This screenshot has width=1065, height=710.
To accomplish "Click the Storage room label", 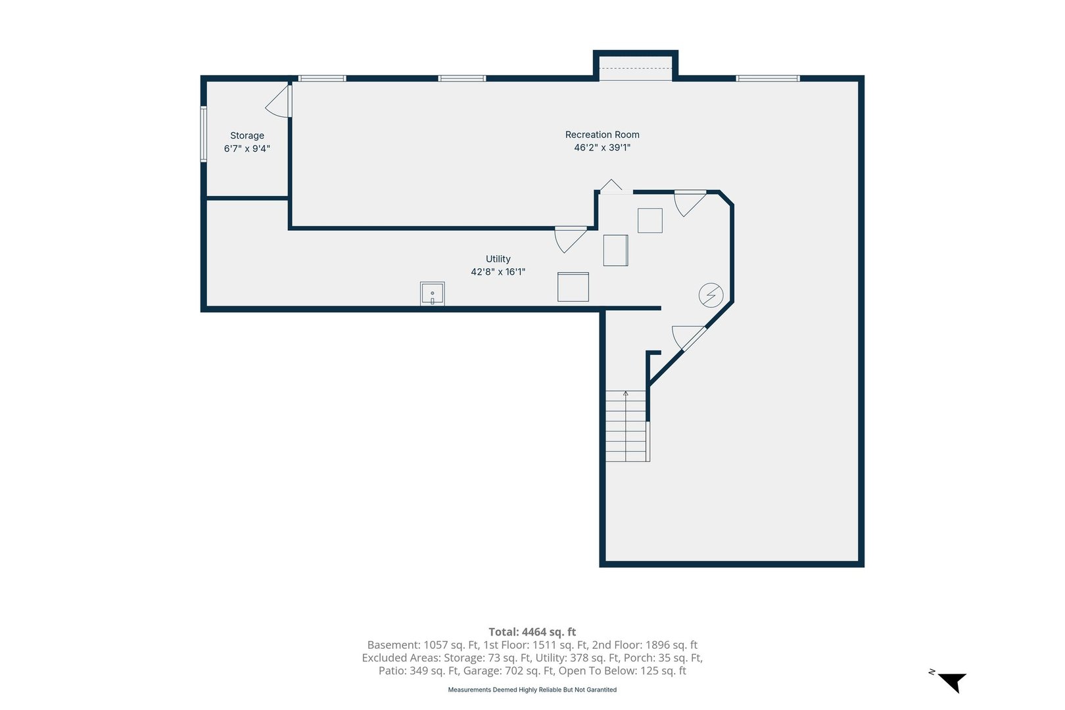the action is pos(247,135).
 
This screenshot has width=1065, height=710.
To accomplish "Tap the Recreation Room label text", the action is pos(602,135).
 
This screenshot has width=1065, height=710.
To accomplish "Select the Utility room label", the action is pos(498,259).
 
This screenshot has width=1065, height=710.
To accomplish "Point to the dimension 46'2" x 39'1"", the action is pos(602,147).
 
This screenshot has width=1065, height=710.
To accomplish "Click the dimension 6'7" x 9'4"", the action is pos(247,149).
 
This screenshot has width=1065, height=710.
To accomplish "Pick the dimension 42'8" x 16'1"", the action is pos(498,272).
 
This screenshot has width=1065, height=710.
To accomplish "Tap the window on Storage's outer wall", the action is pos(204,134).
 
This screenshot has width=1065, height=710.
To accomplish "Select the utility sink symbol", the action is pos(432,293).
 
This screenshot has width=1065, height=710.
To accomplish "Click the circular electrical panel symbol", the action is pos(711,295).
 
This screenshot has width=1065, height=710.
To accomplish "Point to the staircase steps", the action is pos(626,426).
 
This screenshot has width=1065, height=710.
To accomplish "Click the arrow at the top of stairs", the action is pos(626,394).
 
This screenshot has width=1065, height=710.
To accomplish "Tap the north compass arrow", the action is pos(953,682).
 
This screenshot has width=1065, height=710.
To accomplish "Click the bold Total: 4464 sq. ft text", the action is pos(532,632).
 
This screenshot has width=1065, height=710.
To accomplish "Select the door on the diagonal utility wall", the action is pos(689,338).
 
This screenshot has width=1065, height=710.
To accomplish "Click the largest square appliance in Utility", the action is pos(573,287).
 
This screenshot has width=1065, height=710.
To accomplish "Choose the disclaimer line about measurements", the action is pos(532,690).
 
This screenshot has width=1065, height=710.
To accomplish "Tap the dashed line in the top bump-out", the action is pos(635,68).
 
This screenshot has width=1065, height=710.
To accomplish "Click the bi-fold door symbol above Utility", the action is pos(611,186).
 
